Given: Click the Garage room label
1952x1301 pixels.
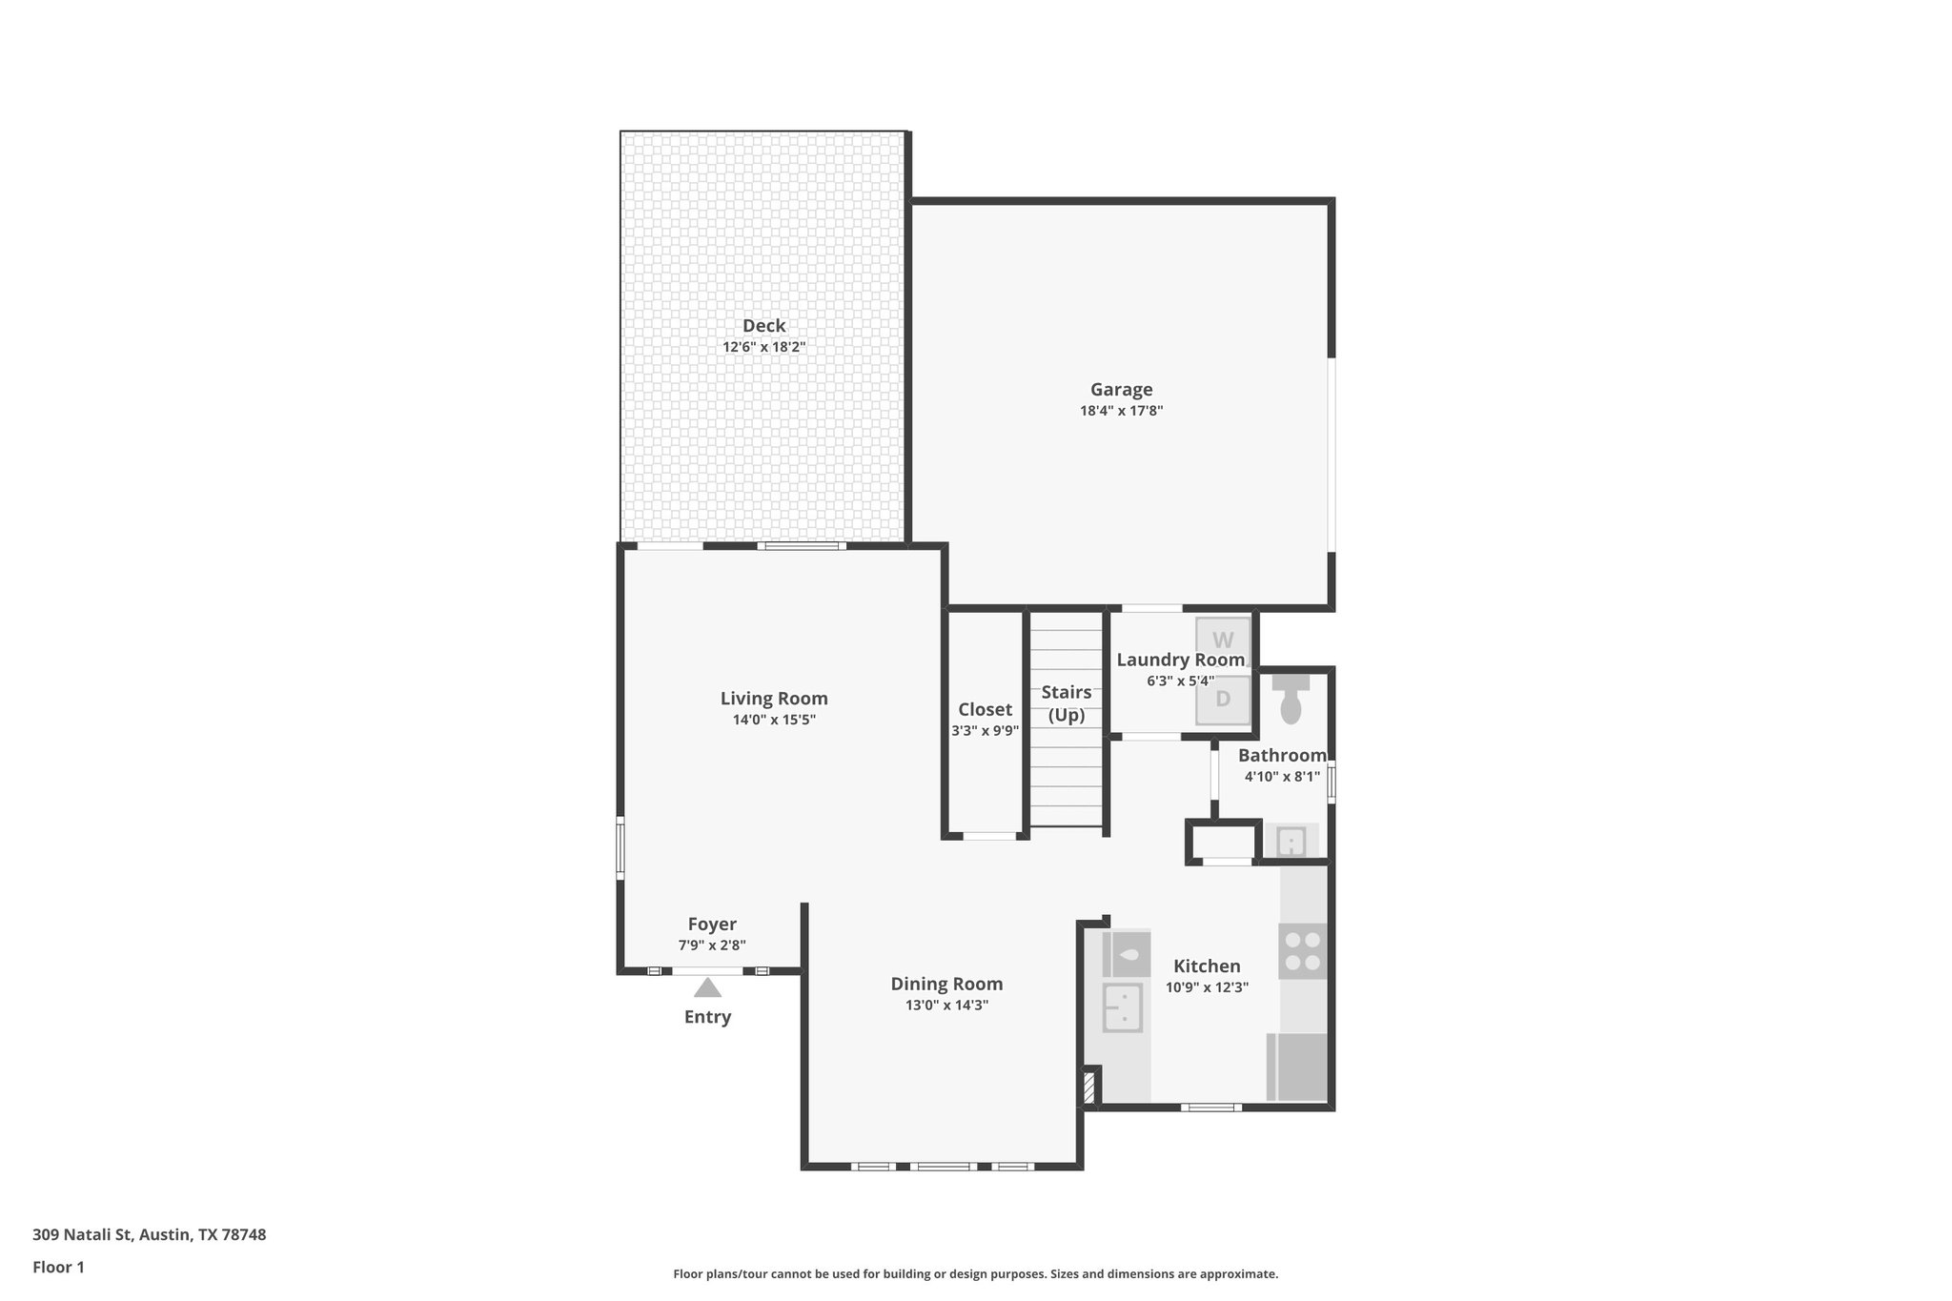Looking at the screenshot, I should click(1121, 389).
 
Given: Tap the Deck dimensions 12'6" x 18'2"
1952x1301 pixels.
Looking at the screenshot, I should click(763, 347).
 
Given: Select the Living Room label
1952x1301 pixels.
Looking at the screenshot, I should click(774, 699).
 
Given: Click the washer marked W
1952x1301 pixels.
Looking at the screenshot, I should click(1223, 640).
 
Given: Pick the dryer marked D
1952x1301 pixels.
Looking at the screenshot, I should click(1223, 699).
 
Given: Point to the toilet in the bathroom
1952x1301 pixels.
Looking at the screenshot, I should click(1291, 702).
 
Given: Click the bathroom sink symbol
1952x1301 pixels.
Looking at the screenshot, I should click(1291, 843).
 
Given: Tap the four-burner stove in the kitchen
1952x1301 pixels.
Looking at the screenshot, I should click(1303, 950).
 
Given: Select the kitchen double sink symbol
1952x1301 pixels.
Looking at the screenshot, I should click(1123, 1007).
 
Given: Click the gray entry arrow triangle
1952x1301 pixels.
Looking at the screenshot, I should click(707, 987).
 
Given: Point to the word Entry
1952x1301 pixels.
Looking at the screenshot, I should click(707, 1017).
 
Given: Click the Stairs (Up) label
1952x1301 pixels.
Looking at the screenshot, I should click(1066, 703).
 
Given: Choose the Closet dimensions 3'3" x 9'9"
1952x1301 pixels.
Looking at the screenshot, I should click(985, 731).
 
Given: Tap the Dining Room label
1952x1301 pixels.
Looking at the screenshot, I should click(946, 984).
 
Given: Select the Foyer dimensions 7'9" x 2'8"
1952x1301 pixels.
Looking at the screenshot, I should click(712, 945).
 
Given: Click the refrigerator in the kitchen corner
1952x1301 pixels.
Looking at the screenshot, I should click(1297, 1067).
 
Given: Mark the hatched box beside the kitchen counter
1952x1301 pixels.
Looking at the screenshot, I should click(1089, 1088).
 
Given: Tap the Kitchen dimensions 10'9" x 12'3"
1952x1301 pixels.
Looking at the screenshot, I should click(1207, 987).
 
